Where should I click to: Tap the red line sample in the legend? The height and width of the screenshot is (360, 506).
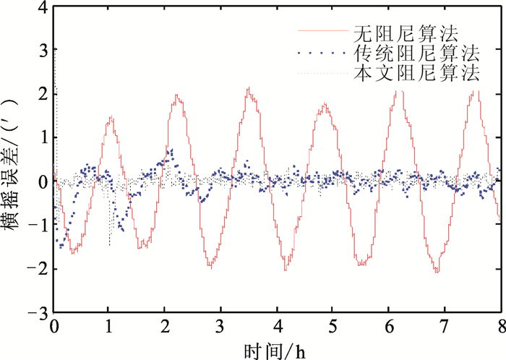click(322, 32)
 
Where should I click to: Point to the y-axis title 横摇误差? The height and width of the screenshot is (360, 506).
click(16, 160)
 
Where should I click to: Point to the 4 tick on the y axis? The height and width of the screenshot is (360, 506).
click(41, 8)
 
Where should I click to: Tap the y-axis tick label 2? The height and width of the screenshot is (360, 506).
click(41, 95)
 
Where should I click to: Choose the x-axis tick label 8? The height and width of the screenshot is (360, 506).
click(499, 327)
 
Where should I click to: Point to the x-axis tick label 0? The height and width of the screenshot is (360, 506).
click(54, 327)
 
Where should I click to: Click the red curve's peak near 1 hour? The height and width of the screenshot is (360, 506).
click(111, 116)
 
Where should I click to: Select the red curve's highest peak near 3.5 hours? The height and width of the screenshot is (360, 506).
click(248, 88)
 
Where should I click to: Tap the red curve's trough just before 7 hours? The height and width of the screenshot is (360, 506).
click(437, 272)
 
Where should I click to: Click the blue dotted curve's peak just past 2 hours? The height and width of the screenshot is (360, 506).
click(171, 150)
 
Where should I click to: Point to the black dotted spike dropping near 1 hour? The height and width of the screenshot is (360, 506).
click(109, 244)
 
